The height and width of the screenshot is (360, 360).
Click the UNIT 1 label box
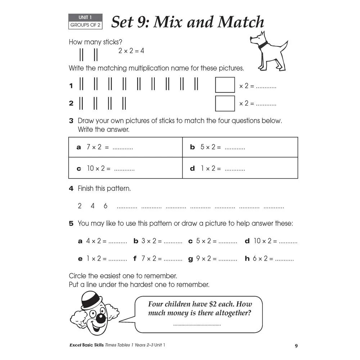(85, 17)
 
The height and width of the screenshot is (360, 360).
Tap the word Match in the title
(241, 22)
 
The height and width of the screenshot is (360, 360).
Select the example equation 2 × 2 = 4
(131, 51)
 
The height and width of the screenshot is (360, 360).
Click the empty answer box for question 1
(225, 85)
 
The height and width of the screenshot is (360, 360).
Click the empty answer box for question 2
(225, 103)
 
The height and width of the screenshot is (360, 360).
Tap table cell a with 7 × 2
(125, 147)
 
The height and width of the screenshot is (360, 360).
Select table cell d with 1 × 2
(240, 168)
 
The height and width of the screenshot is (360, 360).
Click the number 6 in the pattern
(105, 206)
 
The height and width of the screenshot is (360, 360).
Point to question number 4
(71, 188)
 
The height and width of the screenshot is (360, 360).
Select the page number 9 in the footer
(296, 346)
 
